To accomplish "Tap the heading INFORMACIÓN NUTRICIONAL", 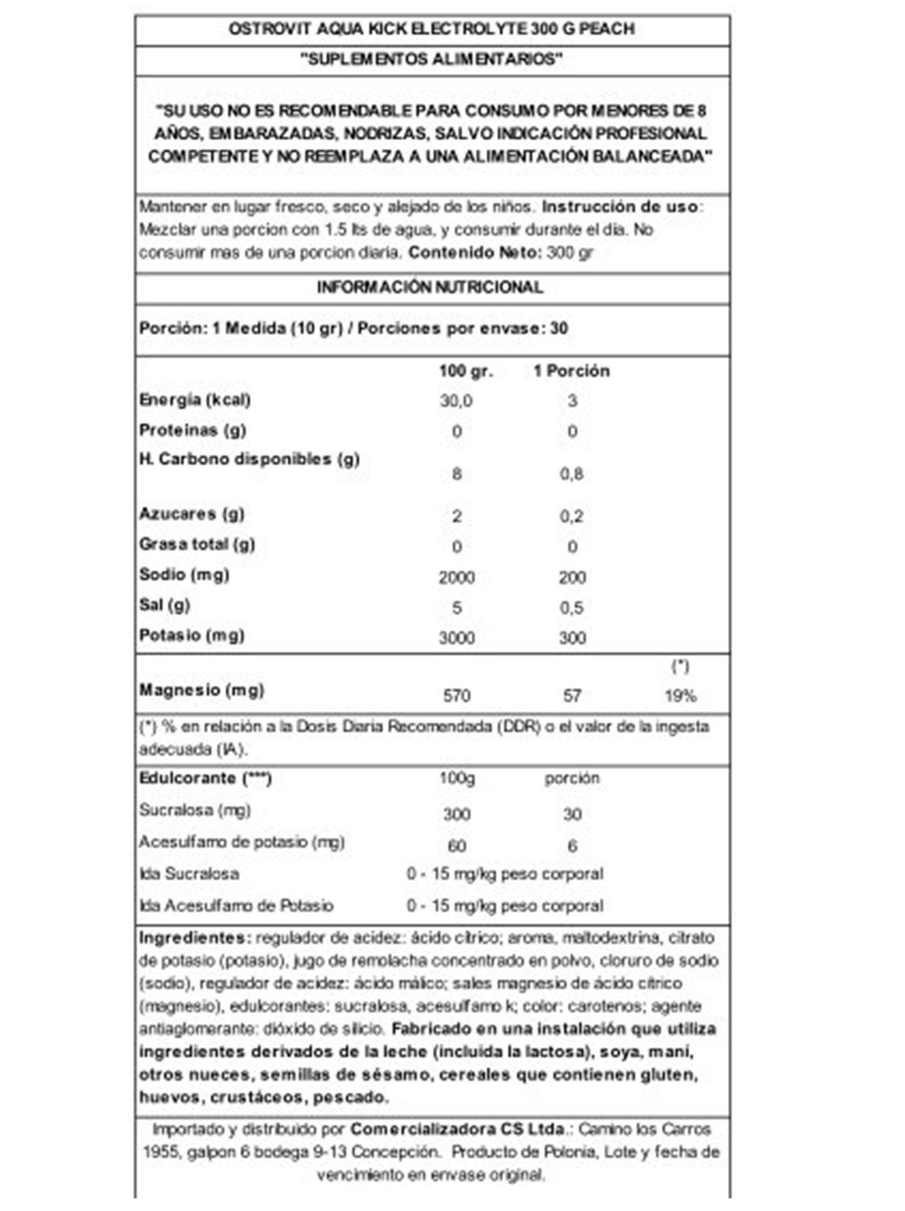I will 430,288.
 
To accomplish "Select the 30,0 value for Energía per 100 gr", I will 456,401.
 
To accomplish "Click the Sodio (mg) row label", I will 184,575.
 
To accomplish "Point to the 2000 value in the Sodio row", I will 456,578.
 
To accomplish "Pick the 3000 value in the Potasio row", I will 456,638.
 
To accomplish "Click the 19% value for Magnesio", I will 680,696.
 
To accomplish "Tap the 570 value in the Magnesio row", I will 456,696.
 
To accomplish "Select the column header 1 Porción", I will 571,371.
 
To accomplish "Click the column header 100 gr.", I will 466,371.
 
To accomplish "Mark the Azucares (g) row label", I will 192,514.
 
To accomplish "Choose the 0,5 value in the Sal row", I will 571,608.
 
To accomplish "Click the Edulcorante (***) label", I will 205,779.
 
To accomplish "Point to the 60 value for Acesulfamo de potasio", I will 456,846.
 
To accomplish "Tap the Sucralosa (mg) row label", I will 195,810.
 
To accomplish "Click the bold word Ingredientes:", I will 195,938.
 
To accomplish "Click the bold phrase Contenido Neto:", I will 474,253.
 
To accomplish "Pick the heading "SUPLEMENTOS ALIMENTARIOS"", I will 431,60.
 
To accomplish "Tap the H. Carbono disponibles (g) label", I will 249,459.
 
